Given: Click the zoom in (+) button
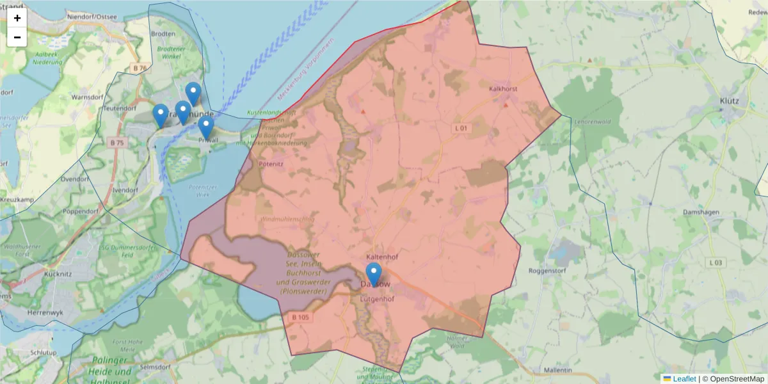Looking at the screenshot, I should tap(17, 18).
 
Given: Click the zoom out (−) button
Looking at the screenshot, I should tap(17, 37).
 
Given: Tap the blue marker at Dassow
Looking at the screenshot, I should tap(373, 274).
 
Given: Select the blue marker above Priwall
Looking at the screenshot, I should tap(205, 127).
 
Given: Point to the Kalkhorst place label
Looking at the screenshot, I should tap(502, 89).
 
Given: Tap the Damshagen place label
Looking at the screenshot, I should tap(701, 212).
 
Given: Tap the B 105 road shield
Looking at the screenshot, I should tap(300, 317).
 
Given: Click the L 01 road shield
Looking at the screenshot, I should tap(463, 128).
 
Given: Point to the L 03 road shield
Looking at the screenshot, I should tap(716, 262).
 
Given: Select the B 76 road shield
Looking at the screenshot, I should tap(140, 68).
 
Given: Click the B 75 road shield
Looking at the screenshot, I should tap(116, 142).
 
